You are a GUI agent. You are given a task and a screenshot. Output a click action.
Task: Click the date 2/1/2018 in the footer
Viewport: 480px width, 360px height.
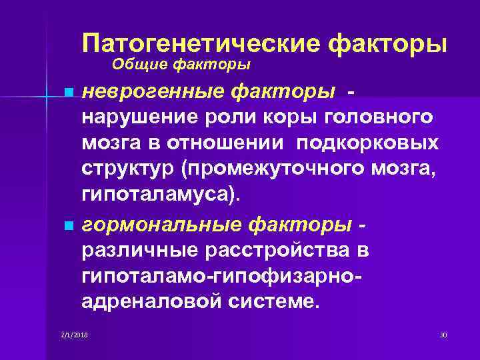pyautogui.click(x=73, y=333)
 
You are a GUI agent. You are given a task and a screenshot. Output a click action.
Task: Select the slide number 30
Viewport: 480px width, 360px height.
pyautogui.click(x=443, y=333)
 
